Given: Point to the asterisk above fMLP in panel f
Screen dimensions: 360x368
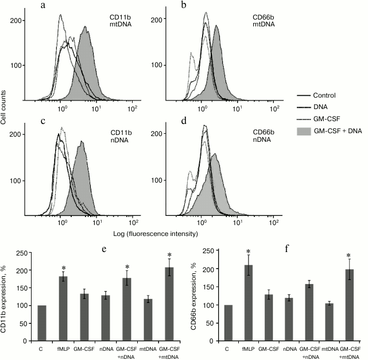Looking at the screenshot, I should tap(248, 251).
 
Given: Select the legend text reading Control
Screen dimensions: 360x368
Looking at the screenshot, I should tap(324, 96).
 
